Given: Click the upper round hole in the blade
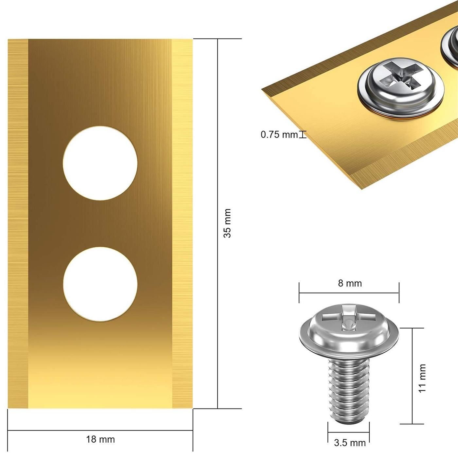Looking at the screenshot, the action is tap(100, 163).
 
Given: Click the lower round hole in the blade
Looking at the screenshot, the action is tap(100, 284).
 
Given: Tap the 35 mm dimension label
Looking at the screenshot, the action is tap(227, 223).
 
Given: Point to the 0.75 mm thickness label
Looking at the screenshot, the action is tap(279, 135).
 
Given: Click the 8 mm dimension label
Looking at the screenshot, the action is tap(350, 283).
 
